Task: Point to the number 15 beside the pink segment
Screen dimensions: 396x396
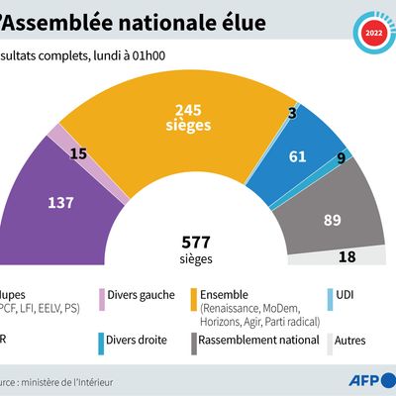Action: (x=76, y=154)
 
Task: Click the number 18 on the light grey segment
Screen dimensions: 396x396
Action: (x=347, y=256)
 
